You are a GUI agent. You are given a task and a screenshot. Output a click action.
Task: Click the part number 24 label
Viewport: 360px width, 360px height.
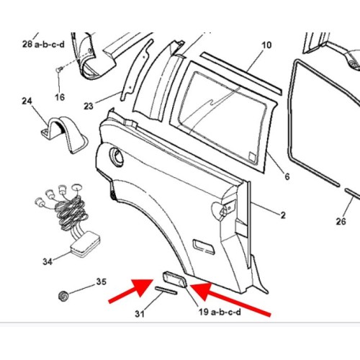click(x=27, y=101)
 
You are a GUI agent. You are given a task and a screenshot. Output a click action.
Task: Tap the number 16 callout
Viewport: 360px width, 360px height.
click(x=60, y=97)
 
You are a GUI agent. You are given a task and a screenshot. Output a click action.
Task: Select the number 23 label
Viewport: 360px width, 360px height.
click(x=89, y=106)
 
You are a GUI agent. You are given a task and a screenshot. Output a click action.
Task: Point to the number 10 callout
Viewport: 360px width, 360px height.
click(x=266, y=45)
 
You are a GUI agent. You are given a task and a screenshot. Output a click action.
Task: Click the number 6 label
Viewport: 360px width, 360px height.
click(x=287, y=176)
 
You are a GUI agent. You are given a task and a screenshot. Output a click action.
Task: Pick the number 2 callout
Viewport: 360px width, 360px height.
click(x=283, y=215)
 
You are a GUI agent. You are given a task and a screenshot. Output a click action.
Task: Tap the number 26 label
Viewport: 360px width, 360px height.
click(x=341, y=221)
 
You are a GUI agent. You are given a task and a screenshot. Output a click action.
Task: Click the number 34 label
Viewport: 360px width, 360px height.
click(x=48, y=261)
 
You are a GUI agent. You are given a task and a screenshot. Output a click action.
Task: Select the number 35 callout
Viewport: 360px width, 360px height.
click(x=101, y=282)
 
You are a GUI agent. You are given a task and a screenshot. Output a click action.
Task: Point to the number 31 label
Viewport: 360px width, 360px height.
click(x=140, y=314)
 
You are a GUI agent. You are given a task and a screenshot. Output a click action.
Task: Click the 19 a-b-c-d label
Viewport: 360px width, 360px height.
click(x=220, y=312)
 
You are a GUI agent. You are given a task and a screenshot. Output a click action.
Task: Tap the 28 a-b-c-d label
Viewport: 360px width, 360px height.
click(x=43, y=45)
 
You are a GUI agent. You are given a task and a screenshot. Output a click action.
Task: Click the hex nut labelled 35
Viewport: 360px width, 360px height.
click(x=63, y=295)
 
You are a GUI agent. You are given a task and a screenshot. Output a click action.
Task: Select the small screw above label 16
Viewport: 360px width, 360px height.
click(x=59, y=69)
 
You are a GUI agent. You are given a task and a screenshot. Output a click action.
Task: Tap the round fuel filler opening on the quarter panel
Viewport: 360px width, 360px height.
click(x=117, y=156)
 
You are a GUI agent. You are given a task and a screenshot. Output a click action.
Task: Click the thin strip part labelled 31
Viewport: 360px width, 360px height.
click(x=166, y=290)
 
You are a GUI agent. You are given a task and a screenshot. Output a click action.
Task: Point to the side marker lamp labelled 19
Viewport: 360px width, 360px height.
click(x=175, y=279)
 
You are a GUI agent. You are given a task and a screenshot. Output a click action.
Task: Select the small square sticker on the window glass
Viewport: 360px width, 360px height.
click(x=253, y=156)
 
